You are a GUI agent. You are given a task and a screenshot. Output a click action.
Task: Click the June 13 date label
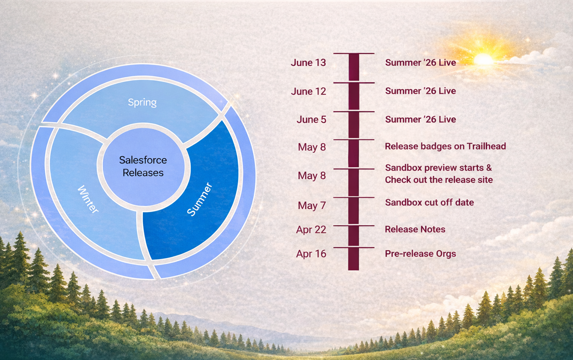(308, 63)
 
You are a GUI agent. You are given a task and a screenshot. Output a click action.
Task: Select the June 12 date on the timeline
(308, 92)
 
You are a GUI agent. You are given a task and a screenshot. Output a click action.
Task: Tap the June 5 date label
(311, 120)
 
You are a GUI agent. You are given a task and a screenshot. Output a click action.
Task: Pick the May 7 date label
(312, 206)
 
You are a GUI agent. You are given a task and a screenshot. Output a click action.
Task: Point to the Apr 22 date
(311, 229)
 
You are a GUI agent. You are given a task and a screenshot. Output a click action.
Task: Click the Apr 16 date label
(311, 254)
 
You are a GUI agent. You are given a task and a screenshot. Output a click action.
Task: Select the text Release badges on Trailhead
(445, 146)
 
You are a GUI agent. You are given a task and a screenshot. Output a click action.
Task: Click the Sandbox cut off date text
(429, 202)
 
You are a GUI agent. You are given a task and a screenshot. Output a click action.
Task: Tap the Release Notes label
(415, 229)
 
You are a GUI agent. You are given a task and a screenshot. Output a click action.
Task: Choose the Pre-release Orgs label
(420, 254)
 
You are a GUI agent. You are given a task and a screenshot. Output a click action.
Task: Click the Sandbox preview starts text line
(438, 168)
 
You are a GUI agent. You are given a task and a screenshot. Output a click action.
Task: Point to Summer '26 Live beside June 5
(420, 120)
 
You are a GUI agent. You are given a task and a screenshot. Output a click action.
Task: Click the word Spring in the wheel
(142, 102)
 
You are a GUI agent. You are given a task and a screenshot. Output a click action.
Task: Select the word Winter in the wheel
(88, 200)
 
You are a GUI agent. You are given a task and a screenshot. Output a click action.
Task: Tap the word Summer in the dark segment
(199, 200)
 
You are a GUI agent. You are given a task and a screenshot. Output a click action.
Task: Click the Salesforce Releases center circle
(143, 166)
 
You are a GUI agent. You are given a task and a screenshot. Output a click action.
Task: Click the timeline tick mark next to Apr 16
(353, 248)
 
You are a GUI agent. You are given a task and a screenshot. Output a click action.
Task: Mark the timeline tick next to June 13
(353, 54)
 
